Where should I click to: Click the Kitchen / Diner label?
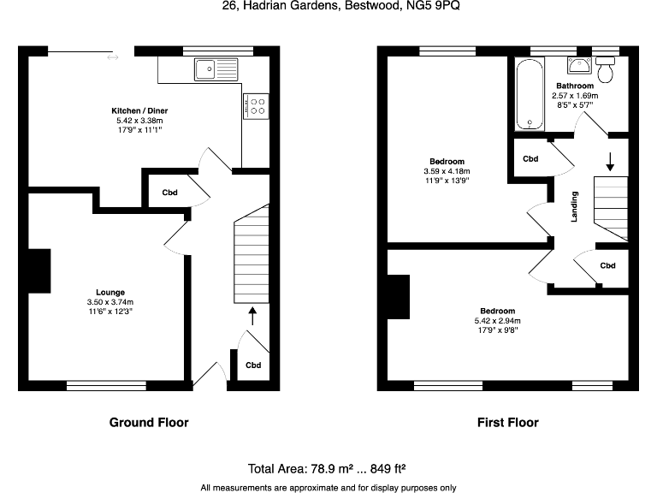click(139, 111)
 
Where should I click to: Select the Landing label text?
click(575, 206)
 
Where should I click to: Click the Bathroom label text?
click(575, 86)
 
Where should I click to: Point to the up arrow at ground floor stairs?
click(252, 316)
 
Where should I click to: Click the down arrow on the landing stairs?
click(611, 160)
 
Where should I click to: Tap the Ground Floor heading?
click(149, 422)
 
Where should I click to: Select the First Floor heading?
click(508, 422)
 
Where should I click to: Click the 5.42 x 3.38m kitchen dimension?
click(139, 121)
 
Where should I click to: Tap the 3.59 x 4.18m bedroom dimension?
click(447, 171)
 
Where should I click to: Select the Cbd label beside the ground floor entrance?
click(253, 365)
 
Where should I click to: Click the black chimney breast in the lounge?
click(40, 271)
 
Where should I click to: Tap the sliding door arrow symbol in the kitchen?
click(112, 57)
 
